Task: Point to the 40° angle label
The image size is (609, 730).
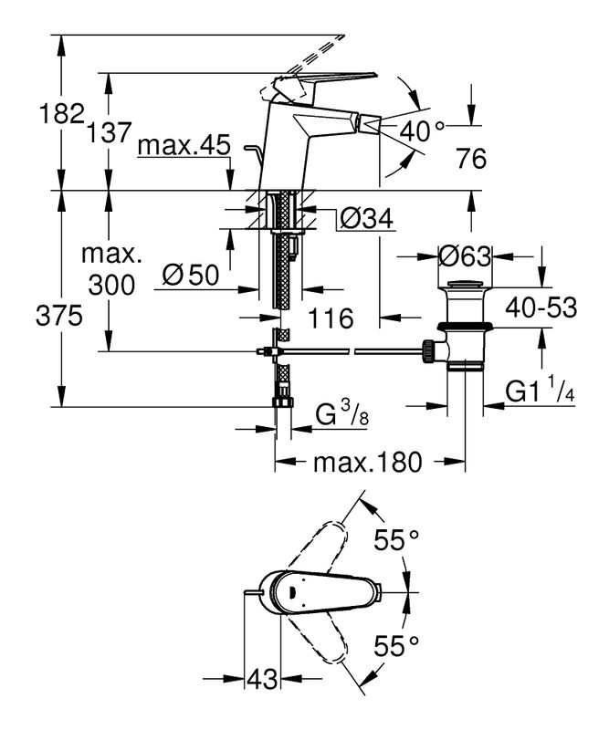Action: point(421,131)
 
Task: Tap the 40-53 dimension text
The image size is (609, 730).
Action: point(543,308)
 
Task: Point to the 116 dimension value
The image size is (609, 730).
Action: point(331,318)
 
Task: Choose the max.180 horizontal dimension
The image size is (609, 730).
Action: point(367,463)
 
